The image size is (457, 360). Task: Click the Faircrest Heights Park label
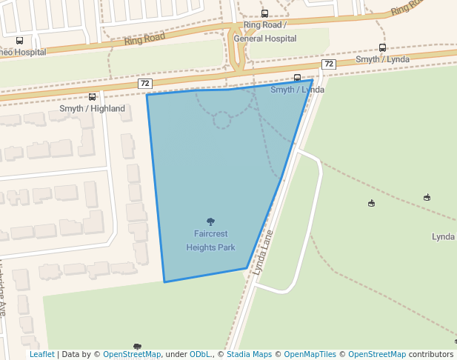coord(211,240)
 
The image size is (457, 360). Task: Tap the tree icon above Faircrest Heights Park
coord(211,221)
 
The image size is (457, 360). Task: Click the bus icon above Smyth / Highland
coord(93,97)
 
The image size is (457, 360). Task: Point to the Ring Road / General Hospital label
coord(264,32)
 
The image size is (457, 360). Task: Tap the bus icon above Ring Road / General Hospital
coord(264,13)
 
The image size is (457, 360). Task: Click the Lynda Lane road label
coord(263,253)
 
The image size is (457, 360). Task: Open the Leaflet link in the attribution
coord(41,355)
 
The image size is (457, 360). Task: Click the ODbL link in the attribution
coord(199,355)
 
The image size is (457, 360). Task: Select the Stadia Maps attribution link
coord(249,355)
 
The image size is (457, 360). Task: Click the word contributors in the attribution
coord(431,355)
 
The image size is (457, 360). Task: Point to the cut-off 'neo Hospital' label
coord(22,53)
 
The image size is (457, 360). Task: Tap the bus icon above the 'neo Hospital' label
coord(19,41)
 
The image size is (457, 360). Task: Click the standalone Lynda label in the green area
coord(443,237)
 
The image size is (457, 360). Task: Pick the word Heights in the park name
coord(201,247)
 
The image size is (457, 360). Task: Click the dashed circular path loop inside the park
coord(222,120)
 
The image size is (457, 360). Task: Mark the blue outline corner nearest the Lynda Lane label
coord(247,267)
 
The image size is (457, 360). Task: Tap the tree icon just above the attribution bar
coord(137,346)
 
